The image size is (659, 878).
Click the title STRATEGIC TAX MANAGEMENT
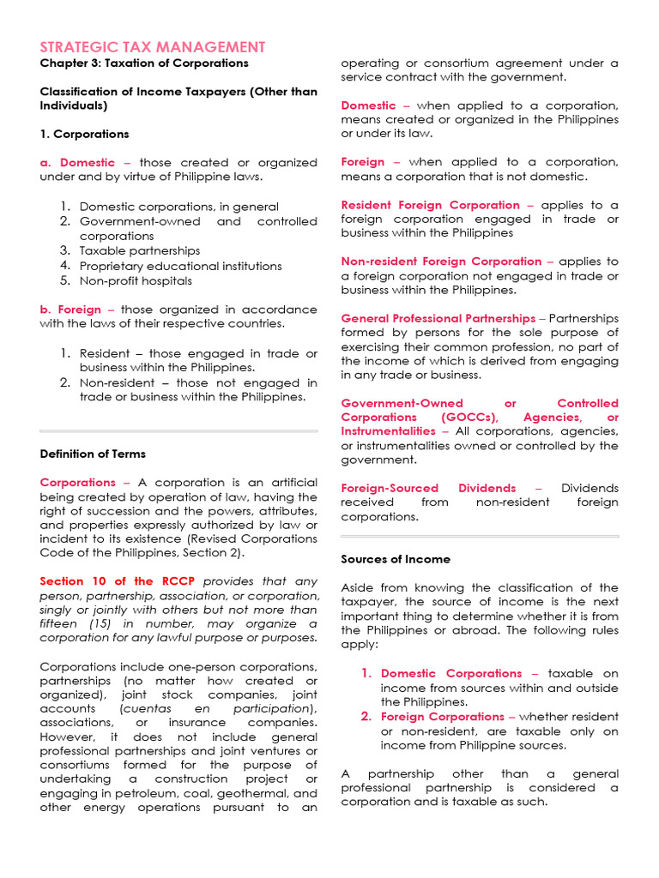coord(153,47)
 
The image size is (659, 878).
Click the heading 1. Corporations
coord(84,135)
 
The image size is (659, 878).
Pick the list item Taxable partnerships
coord(140,251)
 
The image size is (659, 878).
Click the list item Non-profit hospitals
coord(136,280)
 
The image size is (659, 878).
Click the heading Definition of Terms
coord(93,454)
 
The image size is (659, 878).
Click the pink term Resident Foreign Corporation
coord(430,205)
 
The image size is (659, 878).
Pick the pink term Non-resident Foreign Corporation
coord(441,261)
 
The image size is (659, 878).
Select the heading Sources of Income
coord(396,559)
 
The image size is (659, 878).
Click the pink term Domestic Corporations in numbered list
coord(451,674)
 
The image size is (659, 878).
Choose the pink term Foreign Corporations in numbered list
coord(443,717)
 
